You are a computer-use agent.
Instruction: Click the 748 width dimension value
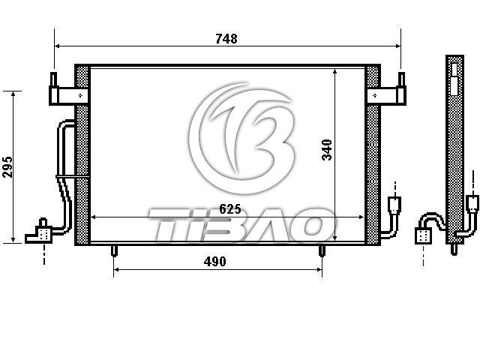(x=226, y=38)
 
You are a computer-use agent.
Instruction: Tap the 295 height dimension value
(x=7, y=167)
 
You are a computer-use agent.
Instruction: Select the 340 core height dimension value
(x=327, y=150)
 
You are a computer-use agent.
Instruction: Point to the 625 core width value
(x=230, y=209)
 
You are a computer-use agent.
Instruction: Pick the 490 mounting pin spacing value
(x=215, y=262)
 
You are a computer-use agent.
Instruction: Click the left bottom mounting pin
(x=113, y=250)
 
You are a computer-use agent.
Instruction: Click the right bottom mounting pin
(x=322, y=250)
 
